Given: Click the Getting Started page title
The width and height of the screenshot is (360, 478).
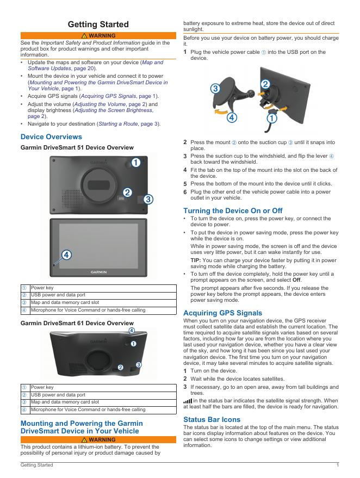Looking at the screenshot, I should point(98,24).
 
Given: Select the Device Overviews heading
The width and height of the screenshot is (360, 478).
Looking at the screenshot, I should point(52,136).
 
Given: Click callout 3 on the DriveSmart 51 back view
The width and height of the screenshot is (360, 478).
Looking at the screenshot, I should point(147,199).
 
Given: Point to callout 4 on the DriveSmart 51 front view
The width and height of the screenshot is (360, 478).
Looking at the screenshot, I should point(66,254).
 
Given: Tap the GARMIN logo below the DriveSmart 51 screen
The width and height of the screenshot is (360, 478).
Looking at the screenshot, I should point(98,271).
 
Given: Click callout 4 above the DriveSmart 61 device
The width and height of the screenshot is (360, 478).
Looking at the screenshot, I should point(132,330).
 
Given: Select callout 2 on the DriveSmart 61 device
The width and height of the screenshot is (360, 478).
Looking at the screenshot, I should point(121,368).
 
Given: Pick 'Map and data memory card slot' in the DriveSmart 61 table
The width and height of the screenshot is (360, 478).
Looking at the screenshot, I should point(65,402).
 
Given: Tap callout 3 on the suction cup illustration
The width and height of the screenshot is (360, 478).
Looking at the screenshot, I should point(215,88).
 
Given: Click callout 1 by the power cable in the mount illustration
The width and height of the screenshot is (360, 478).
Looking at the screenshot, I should point(270,117).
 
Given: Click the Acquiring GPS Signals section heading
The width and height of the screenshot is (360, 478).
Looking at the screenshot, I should point(222,313).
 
